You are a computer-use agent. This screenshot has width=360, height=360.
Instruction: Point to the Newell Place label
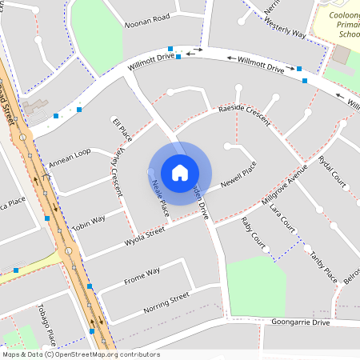point(238,170)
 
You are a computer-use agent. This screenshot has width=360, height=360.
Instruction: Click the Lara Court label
point(283,217)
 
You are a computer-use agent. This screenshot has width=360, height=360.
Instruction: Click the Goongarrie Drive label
point(300,322)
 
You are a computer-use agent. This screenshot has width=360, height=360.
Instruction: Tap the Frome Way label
point(142,275)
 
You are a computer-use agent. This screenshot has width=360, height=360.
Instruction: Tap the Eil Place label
point(122,126)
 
